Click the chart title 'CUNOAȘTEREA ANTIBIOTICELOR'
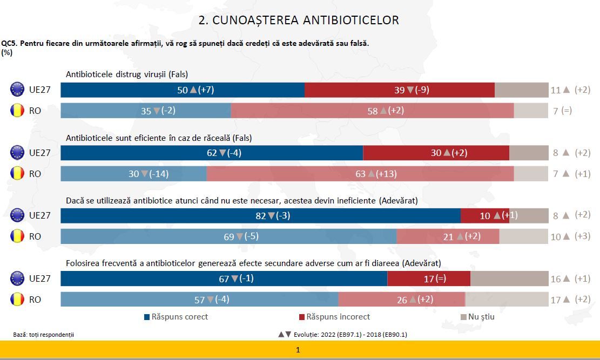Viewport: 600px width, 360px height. point(299,21)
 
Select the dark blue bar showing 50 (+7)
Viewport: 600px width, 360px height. point(183,90)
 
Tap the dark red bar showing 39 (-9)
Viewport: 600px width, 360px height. point(400,90)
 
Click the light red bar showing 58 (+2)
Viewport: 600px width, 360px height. point(372,111)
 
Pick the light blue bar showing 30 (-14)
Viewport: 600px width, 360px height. point(133,174)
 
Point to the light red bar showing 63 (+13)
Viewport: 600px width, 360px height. point(360,174)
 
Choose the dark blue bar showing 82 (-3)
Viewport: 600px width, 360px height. point(260,215)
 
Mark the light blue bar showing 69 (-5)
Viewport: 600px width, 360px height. point(228,236)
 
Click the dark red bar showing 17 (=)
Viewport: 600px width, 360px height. point(429,279)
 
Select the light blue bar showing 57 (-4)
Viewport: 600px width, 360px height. point(199,300)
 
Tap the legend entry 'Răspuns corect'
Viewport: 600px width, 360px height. point(176,317)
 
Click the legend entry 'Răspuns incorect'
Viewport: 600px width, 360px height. point(334,317)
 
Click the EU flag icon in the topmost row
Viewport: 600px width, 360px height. point(17,90)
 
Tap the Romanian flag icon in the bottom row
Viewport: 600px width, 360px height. point(17,299)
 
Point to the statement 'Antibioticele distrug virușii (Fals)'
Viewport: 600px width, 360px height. point(127,74)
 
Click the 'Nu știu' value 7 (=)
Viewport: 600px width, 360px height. point(562,111)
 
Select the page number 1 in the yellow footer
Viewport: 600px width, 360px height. point(298,350)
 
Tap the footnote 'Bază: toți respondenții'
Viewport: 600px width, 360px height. point(43,335)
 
